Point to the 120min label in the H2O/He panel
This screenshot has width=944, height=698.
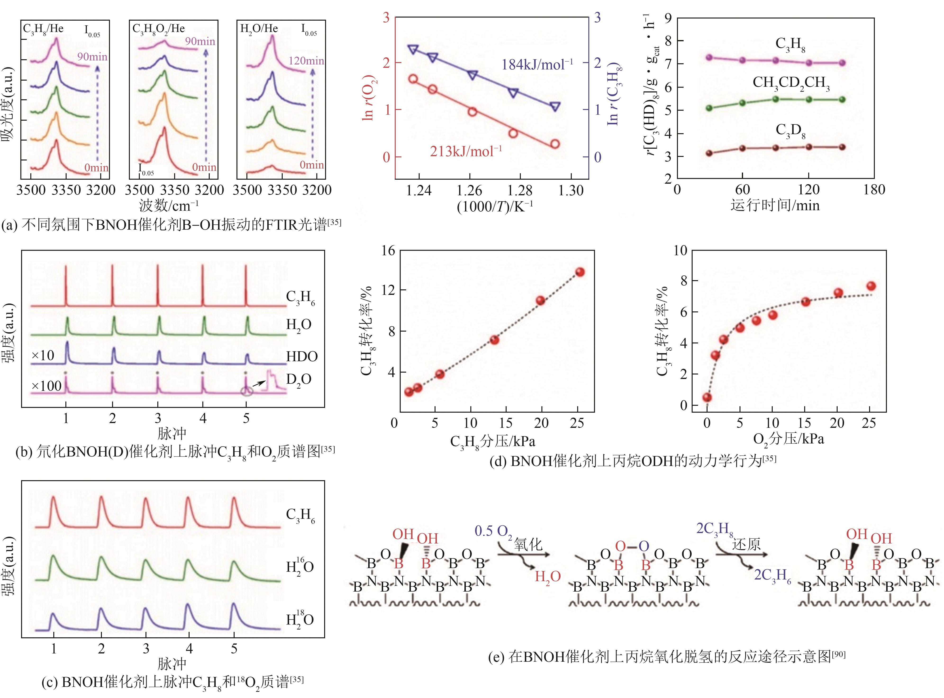pyautogui.click(x=306, y=61)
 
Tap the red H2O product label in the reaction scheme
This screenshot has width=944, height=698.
pyautogui.click(x=548, y=577)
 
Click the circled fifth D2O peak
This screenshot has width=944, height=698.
pyautogui.click(x=247, y=391)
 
